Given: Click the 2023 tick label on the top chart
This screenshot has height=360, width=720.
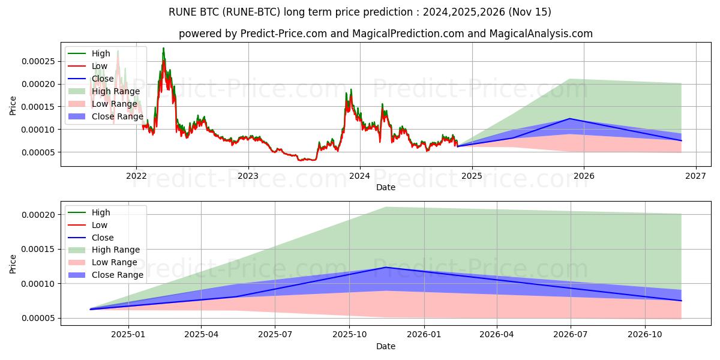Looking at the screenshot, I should [248, 176].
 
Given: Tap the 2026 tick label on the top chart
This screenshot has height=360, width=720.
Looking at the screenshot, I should [584, 176].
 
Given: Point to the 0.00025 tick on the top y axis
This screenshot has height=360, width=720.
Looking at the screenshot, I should [38, 61].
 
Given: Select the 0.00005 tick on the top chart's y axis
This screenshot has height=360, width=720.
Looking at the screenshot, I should [38, 152].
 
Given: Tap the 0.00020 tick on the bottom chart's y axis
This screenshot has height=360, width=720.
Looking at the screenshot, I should [38, 215].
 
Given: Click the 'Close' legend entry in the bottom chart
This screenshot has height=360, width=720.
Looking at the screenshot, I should [103, 238].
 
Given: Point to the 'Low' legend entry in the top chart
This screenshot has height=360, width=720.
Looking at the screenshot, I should [100, 66].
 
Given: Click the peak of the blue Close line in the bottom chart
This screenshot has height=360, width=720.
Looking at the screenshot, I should [386, 268].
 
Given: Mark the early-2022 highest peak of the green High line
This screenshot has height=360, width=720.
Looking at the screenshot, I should [163, 48].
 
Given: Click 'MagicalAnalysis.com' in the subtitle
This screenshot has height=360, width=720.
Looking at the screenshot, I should [541, 34].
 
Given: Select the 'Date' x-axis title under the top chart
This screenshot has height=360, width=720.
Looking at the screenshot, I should [385, 187].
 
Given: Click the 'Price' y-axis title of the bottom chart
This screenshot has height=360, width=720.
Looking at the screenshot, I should [13, 263].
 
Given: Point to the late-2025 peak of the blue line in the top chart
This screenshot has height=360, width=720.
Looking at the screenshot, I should [569, 119].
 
